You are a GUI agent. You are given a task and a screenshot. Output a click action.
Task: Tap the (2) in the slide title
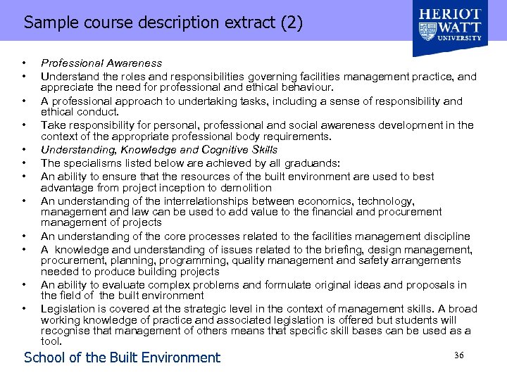click(291, 23)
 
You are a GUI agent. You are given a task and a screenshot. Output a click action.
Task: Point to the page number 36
click(459, 355)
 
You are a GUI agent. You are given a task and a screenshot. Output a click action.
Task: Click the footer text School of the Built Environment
click(122, 357)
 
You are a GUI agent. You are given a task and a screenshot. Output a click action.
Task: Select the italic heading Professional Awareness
click(101, 63)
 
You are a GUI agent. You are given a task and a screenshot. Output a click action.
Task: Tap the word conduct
click(99, 112)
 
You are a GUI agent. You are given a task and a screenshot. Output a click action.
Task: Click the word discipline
click(446, 236)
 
